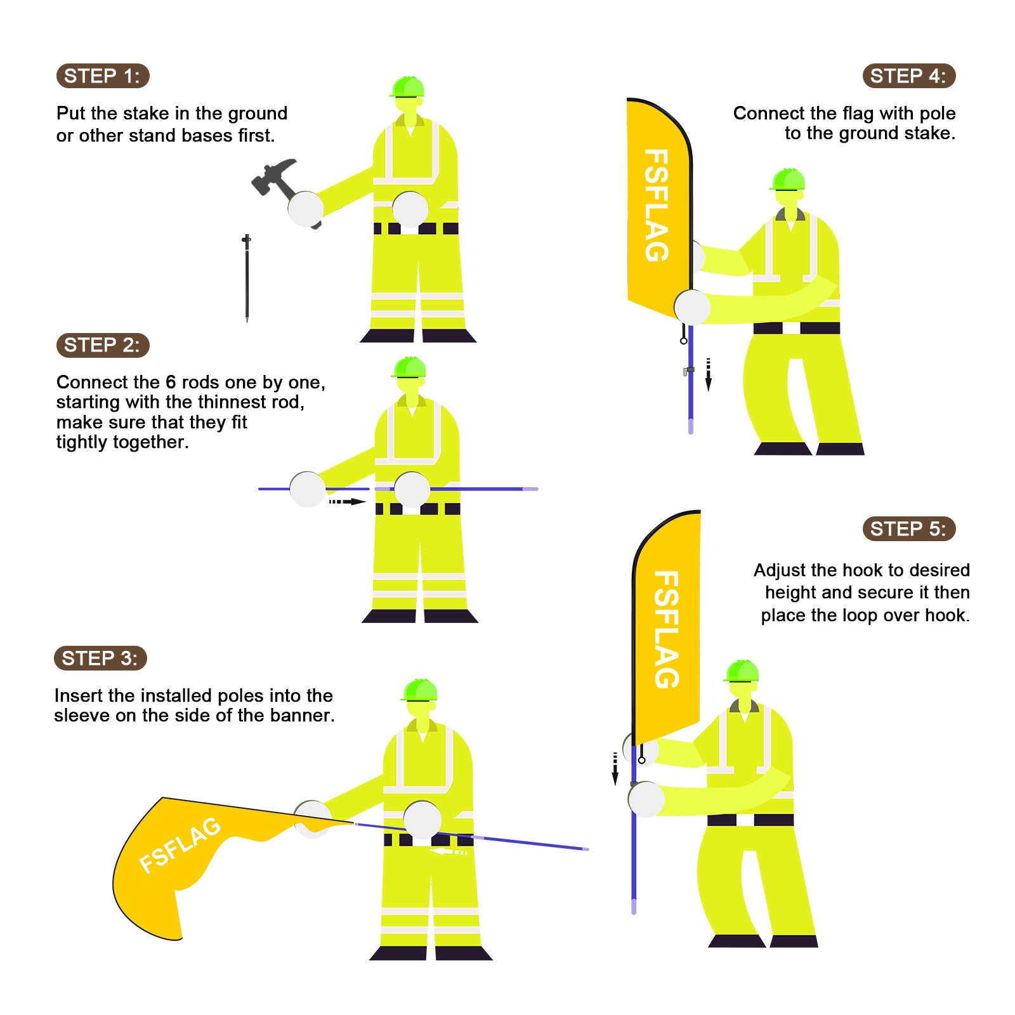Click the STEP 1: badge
pyautogui.click(x=103, y=76)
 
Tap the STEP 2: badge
pyautogui.click(x=103, y=345)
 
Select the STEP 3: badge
pyautogui.click(x=100, y=658)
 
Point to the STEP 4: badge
pyautogui.click(x=908, y=76)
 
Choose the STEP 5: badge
pyautogui.click(x=908, y=529)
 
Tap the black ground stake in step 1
pyautogui.click(x=247, y=278)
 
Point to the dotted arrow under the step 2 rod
pyautogui.click(x=347, y=502)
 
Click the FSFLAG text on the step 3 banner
pyautogui.click(x=180, y=845)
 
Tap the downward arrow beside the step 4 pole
pyautogui.click(x=709, y=374)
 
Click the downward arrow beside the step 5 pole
pyautogui.click(x=615, y=769)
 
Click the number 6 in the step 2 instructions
pyautogui.click(x=171, y=383)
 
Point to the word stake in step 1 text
pyautogui.click(x=147, y=114)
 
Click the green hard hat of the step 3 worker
pyautogui.click(x=419, y=690)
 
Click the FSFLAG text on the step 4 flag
pyautogui.click(x=656, y=206)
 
